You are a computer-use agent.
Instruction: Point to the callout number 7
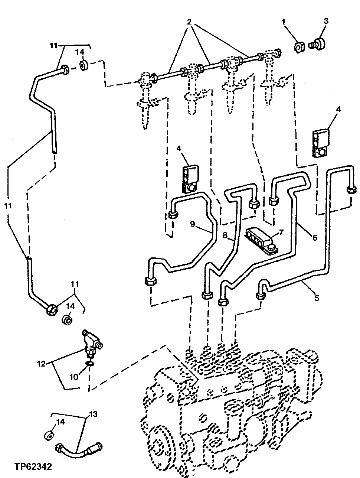[x=281, y=233]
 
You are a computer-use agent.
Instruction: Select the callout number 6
[x=315, y=237]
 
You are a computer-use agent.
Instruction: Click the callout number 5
[x=317, y=297]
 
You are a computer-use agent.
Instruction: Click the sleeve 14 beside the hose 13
[x=48, y=435]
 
